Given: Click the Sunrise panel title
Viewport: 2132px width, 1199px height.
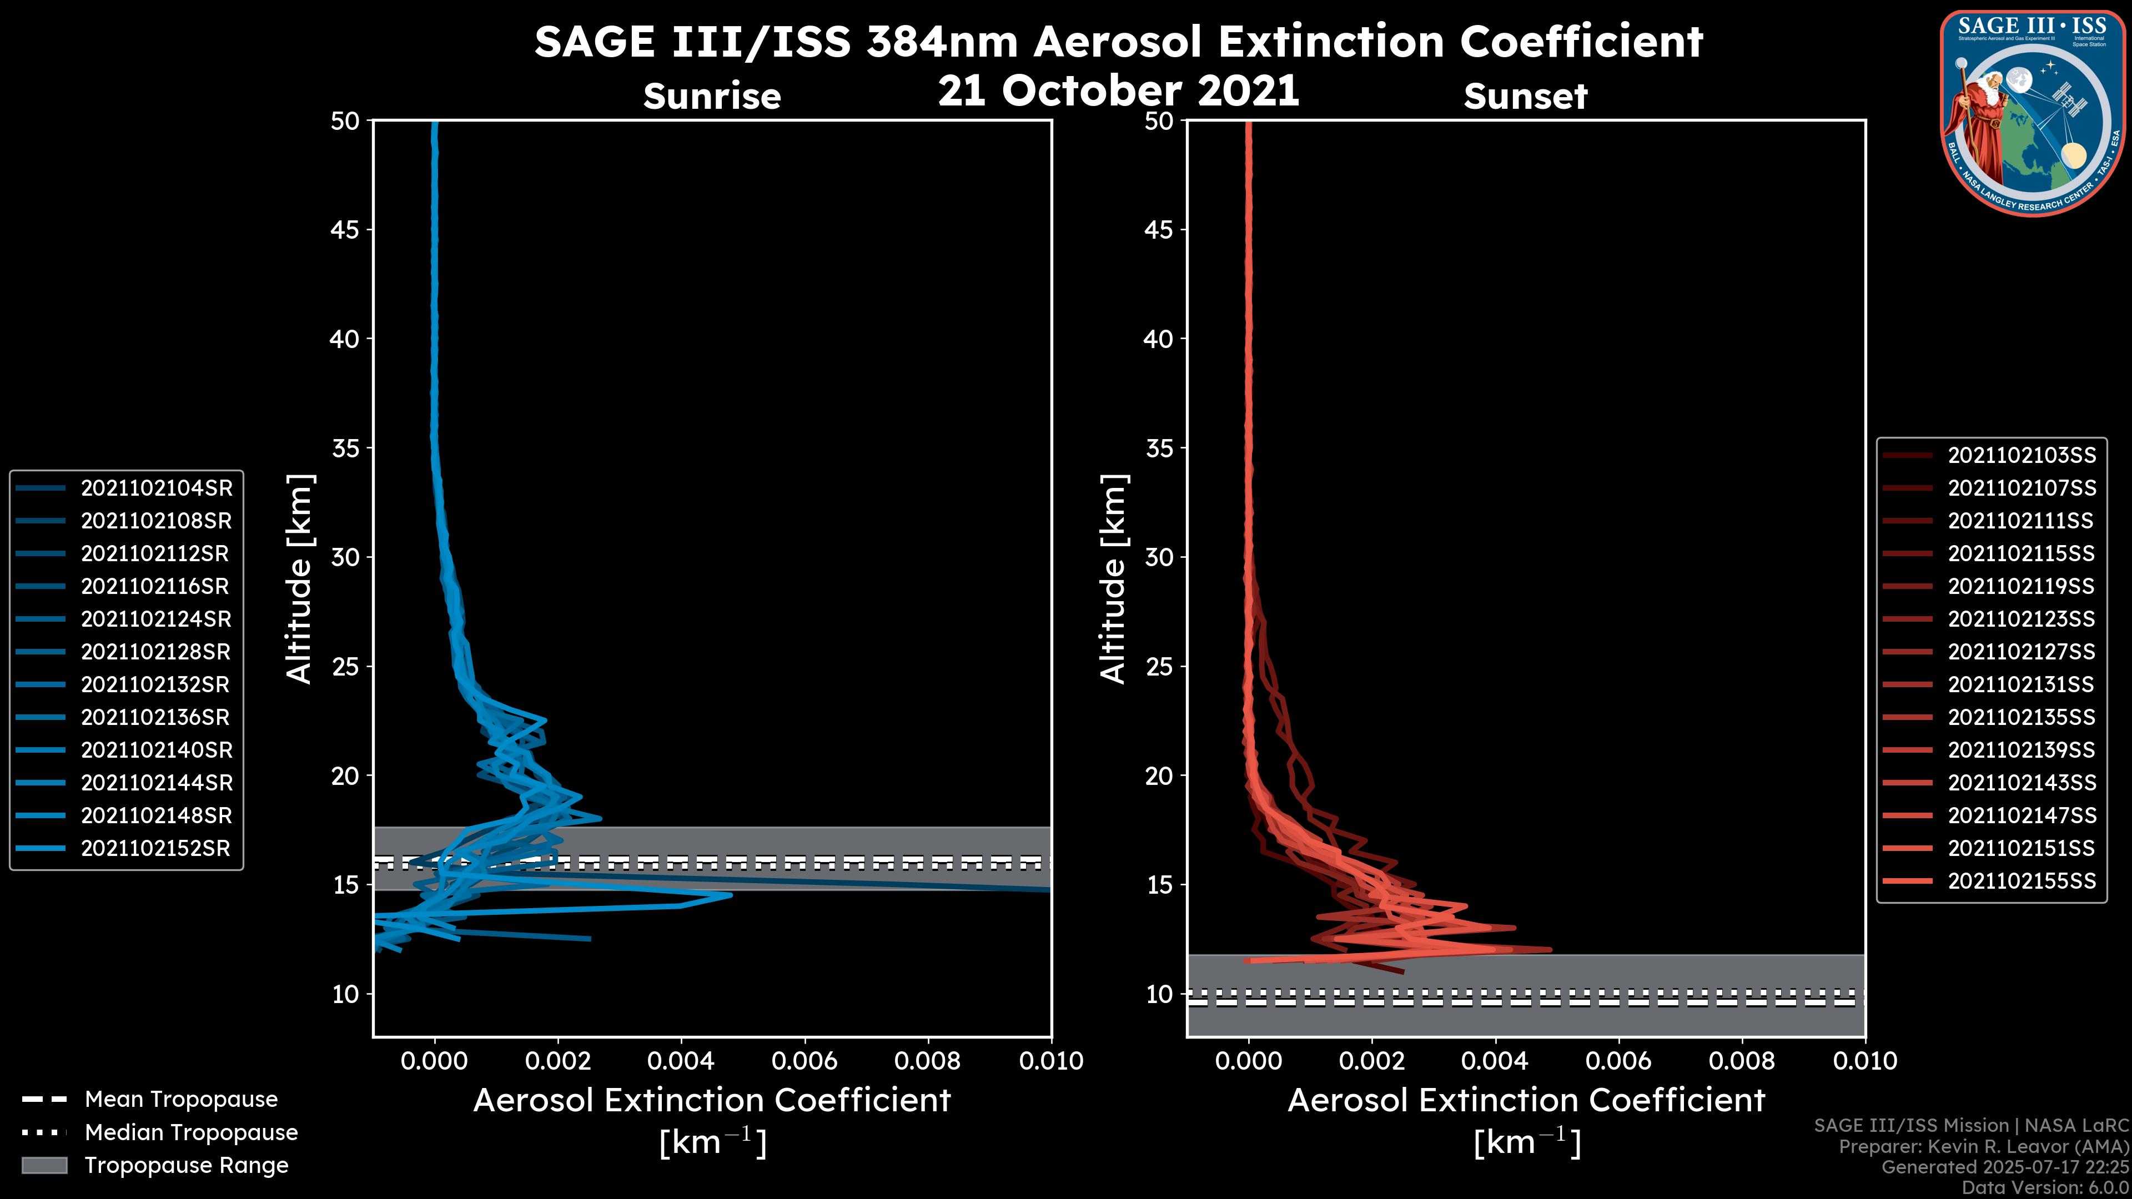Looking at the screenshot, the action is pyautogui.click(x=712, y=96).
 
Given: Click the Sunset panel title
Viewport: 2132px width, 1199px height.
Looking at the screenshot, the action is pyautogui.click(x=1525, y=96).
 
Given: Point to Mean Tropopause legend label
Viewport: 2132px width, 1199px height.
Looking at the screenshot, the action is pyautogui.click(x=181, y=1099).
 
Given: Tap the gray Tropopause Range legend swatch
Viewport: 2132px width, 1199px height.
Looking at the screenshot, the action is pyautogui.click(x=44, y=1165).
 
